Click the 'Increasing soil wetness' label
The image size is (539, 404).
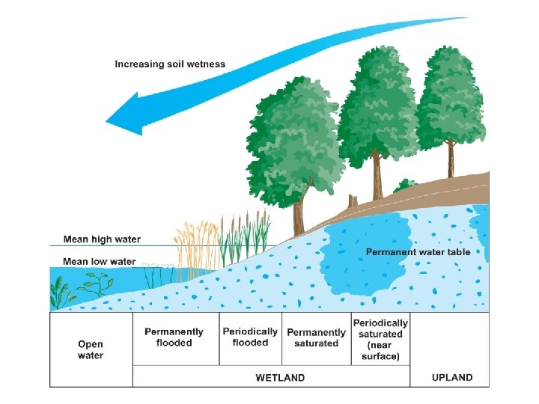(170, 64)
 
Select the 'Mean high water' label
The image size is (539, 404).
(102, 239)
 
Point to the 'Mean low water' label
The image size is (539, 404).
(100, 261)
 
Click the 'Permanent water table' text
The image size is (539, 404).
(418, 252)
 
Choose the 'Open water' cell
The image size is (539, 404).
(91, 350)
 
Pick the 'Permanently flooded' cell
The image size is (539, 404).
(174, 337)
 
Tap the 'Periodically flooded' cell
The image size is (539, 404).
(250, 337)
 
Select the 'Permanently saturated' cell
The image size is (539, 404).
(316, 337)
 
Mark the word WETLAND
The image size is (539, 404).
(281, 378)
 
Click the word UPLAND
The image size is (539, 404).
(452, 378)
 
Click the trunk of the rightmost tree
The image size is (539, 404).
(451, 159)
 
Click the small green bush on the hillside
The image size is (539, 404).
(405, 185)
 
